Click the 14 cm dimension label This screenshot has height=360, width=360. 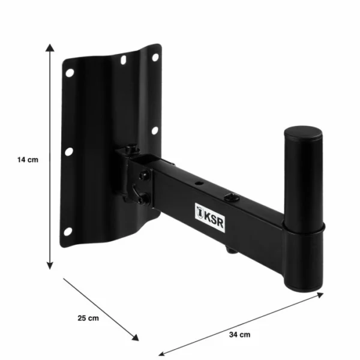coord(28,160)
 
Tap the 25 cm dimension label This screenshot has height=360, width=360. coord(88,318)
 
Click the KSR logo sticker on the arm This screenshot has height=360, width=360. coord(208,212)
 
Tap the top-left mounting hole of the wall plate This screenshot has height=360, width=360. coord(70,73)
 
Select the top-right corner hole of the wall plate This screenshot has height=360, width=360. coord(154,58)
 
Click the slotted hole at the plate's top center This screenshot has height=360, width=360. coord(123,61)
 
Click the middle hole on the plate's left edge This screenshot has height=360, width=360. coord(69,151)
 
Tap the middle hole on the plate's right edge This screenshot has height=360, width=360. coord(154,130)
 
